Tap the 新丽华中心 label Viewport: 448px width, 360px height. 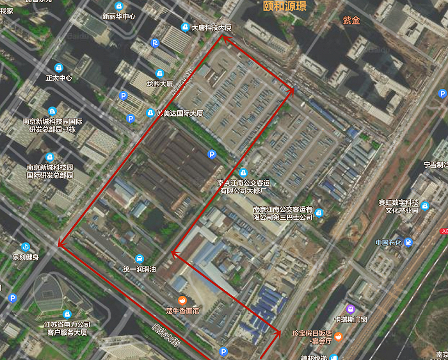click(x=119, y=16)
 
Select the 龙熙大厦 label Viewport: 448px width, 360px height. click(x=159, y=83)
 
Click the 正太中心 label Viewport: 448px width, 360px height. click(x=59, y=78)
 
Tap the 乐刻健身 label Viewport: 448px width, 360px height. click(x=26, y=258)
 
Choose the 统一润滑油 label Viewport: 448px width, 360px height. click(x=140, y=270)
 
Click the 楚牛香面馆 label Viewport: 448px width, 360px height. click(x=182, y=311)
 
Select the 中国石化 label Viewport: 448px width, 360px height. click(x=388, y=242)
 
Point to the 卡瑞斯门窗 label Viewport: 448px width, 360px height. click(x=350, y=319)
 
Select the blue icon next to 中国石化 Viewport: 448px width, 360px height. click(x=408, y=242)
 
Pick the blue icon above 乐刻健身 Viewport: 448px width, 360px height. click(x=26, y=247)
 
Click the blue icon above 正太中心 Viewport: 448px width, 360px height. click(x=59, y=67)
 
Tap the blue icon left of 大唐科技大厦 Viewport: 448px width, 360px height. click(x=184, y=28)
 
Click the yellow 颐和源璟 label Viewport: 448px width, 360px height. click(x=285, y=6)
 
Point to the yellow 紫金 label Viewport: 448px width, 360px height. click(x=351, y=21)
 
